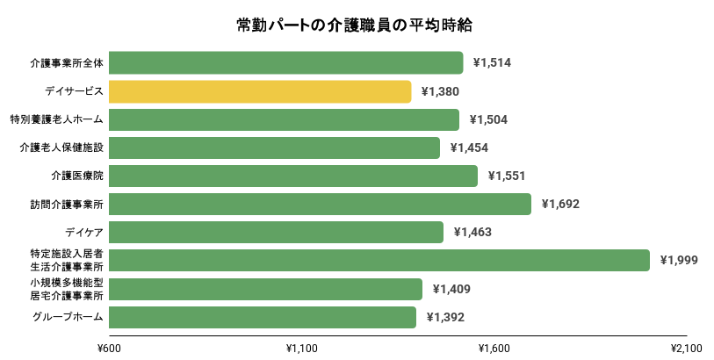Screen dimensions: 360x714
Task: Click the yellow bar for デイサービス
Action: [x=260, y=91]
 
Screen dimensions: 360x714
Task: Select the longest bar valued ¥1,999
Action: [x=379, y=260]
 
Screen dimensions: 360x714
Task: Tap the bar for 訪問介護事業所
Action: [x=320, y=204]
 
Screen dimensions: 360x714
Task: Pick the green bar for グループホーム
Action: [x=263, y=317]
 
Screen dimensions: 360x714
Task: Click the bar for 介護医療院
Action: [x=293, y=176]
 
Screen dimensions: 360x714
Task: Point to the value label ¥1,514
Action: [x=492, y=63]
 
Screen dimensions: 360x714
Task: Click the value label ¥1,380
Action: [x=440, y=91]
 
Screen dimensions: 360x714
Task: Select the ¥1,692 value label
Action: [x=560, y=204]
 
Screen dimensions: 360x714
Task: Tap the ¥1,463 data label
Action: [x=472, y=232]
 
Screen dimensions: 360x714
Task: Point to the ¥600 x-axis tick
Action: [x=109, y=348]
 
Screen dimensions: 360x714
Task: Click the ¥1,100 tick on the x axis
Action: [x=302, y=348]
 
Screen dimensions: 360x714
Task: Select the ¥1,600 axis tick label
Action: [x=494, y=348]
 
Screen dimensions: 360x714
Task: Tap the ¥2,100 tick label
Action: [x=686, y=348]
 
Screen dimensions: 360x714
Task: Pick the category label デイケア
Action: [x=84, y=232]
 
